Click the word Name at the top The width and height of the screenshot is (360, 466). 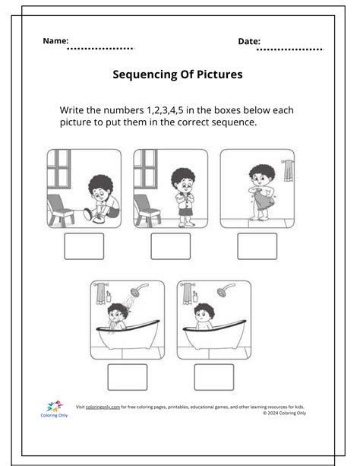[x=55, y=40]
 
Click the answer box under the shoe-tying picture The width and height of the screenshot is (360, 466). [x=84, y=246]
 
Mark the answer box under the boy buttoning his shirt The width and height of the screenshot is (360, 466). [x=170, y=246]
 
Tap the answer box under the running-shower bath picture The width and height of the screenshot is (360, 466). [x=128, y=377]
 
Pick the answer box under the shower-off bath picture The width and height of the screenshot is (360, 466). [x=213, y=377]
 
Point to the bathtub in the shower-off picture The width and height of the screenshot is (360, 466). [x=213, y=337]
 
